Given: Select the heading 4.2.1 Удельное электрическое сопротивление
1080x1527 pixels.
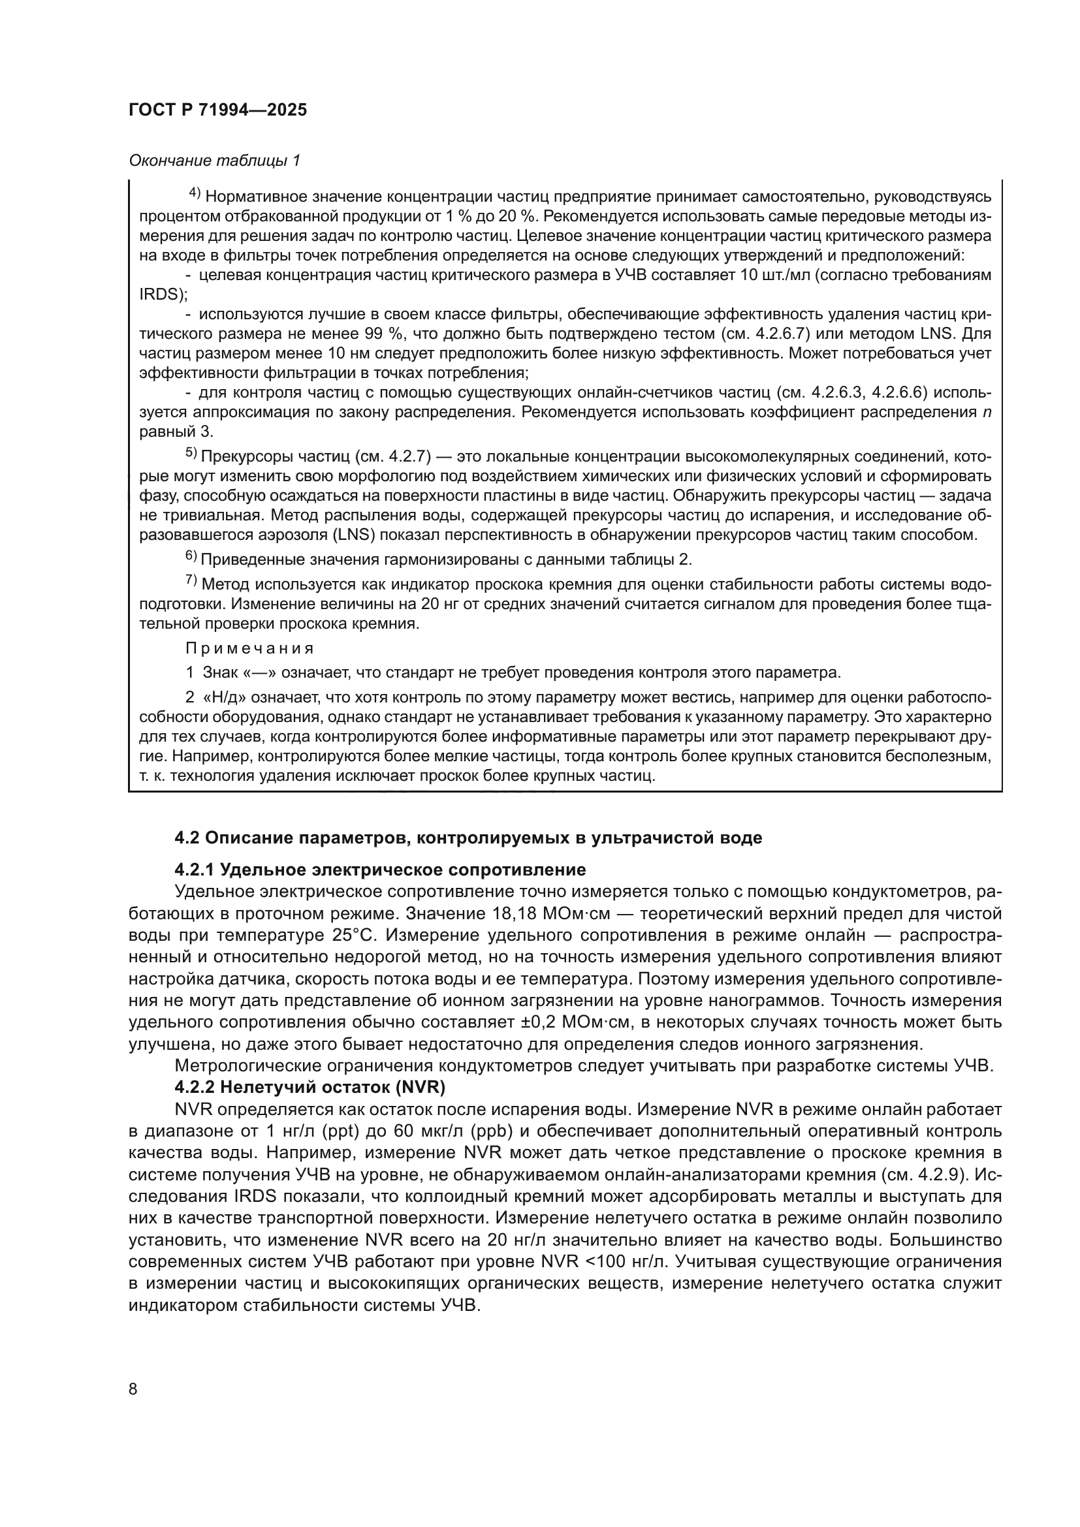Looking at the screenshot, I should click(381, 870).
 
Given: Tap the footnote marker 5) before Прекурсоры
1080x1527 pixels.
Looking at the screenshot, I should click(191, 453).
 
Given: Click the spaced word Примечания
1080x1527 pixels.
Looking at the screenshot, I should click(249, 648).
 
